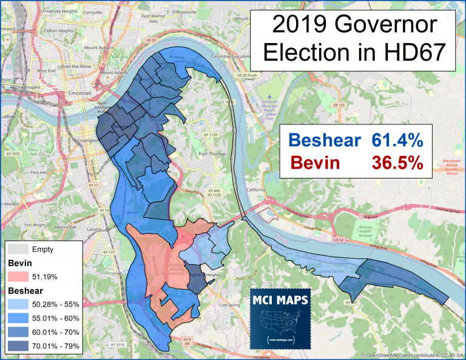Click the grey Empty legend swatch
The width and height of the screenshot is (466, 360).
pyautogui.click(x=18, y=249)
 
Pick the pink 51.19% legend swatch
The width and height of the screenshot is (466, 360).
pyautogui.click(x=18, y=277)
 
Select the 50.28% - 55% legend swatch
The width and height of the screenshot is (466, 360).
pyautogui.click(x=18, y=305)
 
